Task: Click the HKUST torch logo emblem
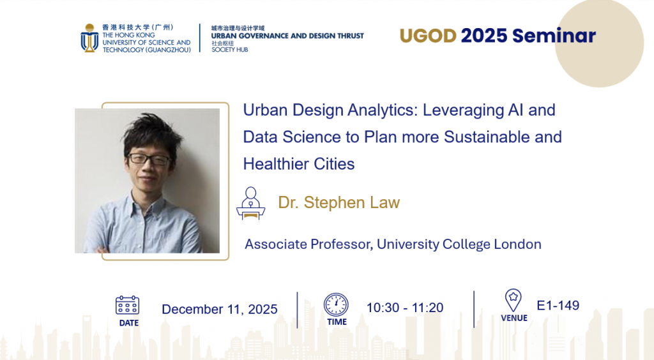(x=89, y=38)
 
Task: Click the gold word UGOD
(x=428, y=36)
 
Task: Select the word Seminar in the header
(x=554, y=36)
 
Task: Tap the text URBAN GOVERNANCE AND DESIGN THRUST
(x=287, y=36)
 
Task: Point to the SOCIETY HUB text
(x=230, y=50)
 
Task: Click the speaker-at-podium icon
(x=250, y=203)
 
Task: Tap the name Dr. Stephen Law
(x=339, y=202)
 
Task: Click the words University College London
(x=459, y=244)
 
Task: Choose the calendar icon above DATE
(x=127, y=305)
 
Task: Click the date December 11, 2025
(x=220, y=309)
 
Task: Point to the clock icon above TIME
(x=336, y=304)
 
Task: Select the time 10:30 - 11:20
(x=404, y=308)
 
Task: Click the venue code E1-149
(x=558, y=305)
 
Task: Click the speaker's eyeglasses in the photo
(x=149, y=159)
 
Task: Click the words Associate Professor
(x=308, y=244)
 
